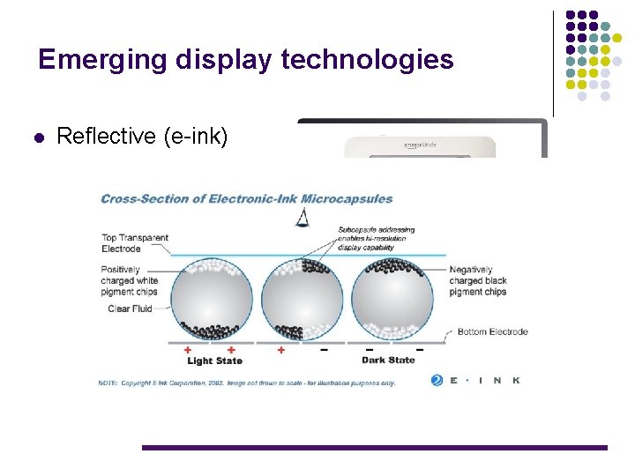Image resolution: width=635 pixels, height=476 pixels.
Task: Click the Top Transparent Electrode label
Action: [x=134, y=243]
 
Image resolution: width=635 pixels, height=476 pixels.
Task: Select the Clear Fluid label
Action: [x=131, y=309]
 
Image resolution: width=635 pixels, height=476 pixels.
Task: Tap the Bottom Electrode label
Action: [x=493, y=331]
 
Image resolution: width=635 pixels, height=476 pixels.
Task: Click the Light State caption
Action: [x=214, y=361]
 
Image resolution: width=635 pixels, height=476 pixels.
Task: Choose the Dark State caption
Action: [x=388, y=360]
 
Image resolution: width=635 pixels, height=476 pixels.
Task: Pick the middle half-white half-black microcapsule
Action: [x=303, y=300]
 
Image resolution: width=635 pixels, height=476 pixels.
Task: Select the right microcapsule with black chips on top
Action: [x=392, y=300]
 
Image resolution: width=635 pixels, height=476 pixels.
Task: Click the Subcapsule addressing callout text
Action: [x=376, y=239]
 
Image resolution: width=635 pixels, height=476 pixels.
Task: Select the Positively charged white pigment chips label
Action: [x=131, y=280]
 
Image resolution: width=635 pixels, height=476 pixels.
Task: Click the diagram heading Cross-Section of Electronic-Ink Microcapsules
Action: [x=247, y=198]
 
